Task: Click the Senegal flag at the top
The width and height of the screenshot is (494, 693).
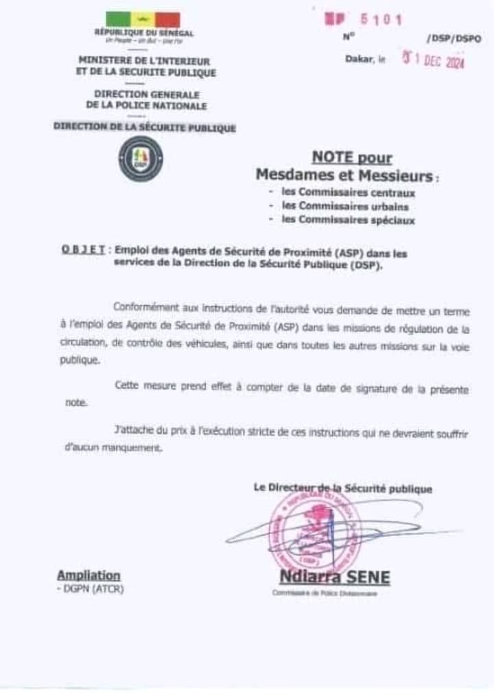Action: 143,20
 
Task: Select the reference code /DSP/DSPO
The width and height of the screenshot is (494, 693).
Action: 454,38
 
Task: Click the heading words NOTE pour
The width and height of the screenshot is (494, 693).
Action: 352,158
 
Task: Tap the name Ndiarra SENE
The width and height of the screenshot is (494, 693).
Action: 334,578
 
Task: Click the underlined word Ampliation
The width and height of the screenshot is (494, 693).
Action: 89,576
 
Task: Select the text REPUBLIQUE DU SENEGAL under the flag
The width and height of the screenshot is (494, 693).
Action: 144,33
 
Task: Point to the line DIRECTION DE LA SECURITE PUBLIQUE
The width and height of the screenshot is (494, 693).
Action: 145,127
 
